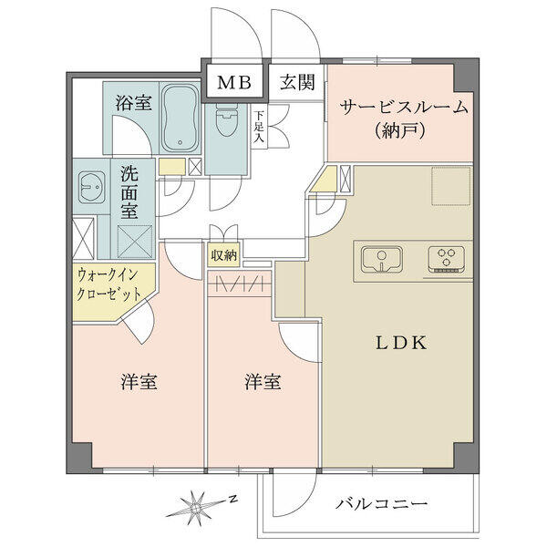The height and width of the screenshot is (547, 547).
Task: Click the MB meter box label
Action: click(234, 83)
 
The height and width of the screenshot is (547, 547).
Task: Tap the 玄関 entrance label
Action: click(297, 83)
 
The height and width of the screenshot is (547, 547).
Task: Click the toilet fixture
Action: click(227, 120)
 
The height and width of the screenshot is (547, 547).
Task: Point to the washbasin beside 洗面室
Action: click(91, 187)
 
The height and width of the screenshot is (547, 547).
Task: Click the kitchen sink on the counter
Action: click(382, 259)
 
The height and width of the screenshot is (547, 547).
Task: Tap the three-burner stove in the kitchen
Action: click(447, 260)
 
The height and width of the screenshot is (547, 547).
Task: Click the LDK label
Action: click(401, 343)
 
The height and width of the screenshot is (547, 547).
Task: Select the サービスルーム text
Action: click(404, 108)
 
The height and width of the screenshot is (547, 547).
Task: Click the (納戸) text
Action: click(400, 131)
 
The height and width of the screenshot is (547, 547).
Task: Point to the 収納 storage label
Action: click(224, 255)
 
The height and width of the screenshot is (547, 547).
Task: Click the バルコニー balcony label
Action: click(381, 504)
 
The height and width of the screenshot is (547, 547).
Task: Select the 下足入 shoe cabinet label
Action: click(259, 127)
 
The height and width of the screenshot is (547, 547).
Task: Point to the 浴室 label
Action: click(134, 102)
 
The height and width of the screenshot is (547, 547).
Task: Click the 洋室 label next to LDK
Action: click(263, 382)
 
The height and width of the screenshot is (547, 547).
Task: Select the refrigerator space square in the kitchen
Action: click(450, 187)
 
